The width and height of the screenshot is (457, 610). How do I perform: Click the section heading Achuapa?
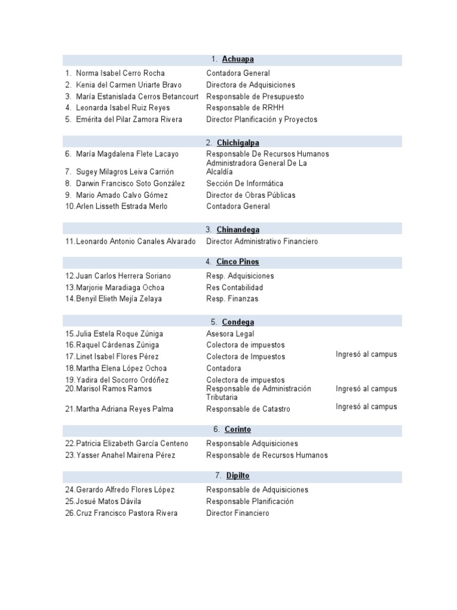237,59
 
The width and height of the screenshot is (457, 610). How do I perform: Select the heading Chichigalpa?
237,142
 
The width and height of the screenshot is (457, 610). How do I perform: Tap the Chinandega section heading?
237,229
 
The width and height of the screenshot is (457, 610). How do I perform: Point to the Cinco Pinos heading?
237,262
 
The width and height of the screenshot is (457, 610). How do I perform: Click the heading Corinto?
238,429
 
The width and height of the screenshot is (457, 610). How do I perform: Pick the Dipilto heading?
237,475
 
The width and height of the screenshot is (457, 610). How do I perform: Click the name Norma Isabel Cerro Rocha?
120,73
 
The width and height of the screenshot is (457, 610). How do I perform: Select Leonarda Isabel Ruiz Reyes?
123,108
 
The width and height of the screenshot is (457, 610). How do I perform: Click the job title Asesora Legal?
230,334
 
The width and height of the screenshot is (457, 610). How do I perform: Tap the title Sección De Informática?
245,183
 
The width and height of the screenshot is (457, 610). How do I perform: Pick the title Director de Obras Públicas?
251,195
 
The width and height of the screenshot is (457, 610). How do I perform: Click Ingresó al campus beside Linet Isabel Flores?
366,354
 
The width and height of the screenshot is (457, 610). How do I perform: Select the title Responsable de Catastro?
248,409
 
